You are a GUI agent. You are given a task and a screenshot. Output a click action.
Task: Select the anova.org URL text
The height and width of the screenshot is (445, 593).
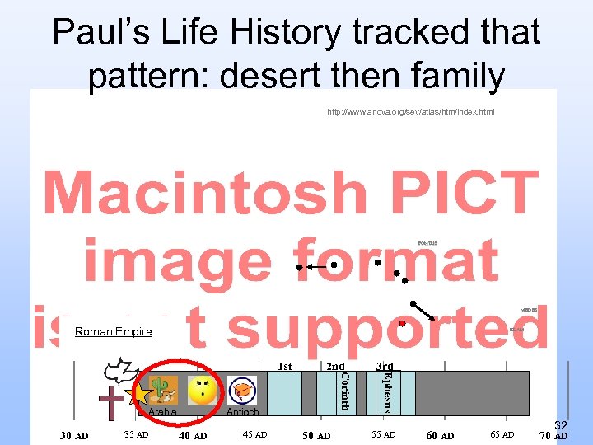click(x=410, y=110)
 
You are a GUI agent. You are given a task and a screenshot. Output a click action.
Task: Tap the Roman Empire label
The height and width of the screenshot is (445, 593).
click(x=114, y=331)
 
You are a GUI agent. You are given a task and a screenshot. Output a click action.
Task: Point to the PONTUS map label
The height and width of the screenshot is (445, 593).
click(x=427, y=243)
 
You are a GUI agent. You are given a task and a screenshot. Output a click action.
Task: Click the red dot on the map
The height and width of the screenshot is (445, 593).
click(x=401, y=323)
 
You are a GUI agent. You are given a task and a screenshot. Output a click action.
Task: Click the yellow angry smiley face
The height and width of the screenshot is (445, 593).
click(x=203, y=390)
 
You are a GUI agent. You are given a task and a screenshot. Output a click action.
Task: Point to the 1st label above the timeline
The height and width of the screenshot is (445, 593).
click(x=284, y=366)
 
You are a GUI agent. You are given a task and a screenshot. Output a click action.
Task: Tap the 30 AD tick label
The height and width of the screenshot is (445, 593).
click(x=74, y=436)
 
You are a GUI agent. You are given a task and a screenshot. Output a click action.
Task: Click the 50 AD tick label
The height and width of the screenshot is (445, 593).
click(x=316, y=436)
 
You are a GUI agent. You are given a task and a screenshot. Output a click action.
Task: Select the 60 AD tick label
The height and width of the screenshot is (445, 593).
click(x=440, y=436)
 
